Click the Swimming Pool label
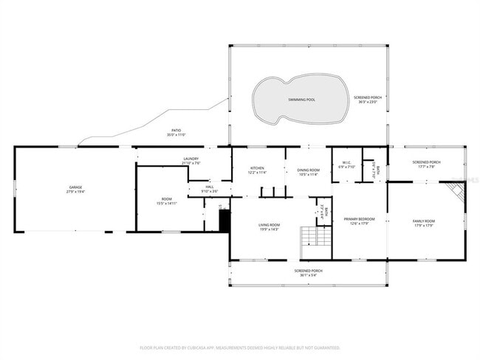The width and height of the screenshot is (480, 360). (x=301, y=99)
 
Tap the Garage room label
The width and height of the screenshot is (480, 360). (x=76, y=187)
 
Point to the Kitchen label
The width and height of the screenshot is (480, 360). (x=256, y=168)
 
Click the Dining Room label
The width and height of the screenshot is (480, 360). (x=308, y=168)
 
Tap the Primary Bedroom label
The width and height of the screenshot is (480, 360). (x=360, y=219)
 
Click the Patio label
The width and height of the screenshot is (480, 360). (x=176, y=131)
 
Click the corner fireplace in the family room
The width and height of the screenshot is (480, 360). (x=458, y=193)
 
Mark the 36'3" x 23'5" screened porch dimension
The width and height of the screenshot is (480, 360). (x=367, y=102)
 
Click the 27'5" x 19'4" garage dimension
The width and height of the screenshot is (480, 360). (x=76, y=192)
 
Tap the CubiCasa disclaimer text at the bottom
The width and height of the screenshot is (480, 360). (x=239, y=347)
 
